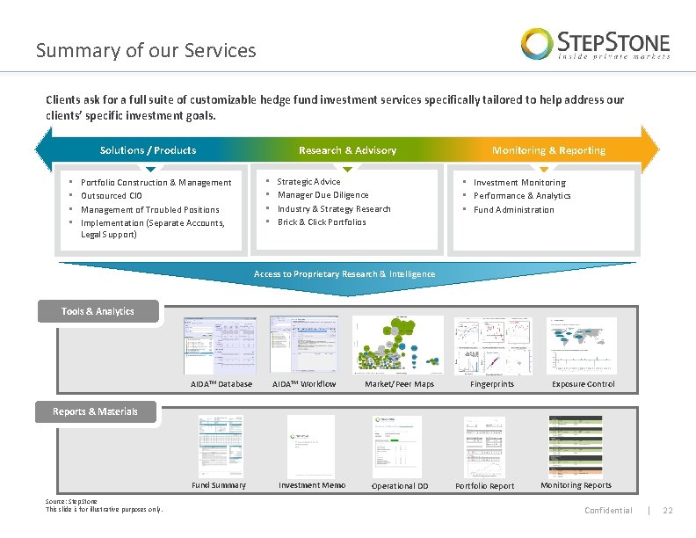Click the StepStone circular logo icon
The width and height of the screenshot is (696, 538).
[537, 43]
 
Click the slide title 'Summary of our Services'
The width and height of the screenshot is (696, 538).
[146, 50]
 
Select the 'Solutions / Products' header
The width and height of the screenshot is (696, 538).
[148, 150]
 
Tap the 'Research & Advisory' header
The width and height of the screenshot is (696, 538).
[347, 150]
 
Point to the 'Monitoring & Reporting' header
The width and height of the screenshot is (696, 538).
[548, 150]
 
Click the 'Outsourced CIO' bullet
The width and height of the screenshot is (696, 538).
[111, 196]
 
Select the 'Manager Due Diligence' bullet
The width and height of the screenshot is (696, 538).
[323, 195]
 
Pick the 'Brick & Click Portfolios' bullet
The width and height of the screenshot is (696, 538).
[322, 222]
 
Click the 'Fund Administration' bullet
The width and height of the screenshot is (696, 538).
[513, 210]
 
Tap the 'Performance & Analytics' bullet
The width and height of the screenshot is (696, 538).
[522, 196]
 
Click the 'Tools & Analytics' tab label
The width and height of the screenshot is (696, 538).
[98, 311]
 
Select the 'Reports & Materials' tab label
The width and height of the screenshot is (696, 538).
[95, 411]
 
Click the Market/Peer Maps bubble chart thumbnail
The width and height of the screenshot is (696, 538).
[399, 345]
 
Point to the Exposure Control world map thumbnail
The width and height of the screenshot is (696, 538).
[582, 345]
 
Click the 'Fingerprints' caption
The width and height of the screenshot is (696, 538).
[492, 384]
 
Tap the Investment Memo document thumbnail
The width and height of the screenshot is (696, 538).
[311, 446]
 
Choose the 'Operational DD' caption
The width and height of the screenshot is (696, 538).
[400, 486]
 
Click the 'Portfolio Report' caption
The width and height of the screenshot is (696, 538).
[484, 486]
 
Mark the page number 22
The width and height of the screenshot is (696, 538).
[667, 511]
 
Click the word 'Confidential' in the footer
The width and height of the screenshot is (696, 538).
[608, 511]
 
